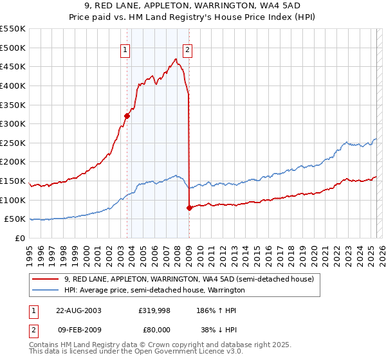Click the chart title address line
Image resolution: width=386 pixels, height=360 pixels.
pos(192,6)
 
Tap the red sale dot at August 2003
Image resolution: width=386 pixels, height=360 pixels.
pos(127,116)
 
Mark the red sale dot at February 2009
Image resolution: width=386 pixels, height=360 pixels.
pos(189,208)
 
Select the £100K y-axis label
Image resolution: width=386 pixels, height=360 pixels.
pos(13,200)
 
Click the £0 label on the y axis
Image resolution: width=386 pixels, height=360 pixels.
pos(19,238)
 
